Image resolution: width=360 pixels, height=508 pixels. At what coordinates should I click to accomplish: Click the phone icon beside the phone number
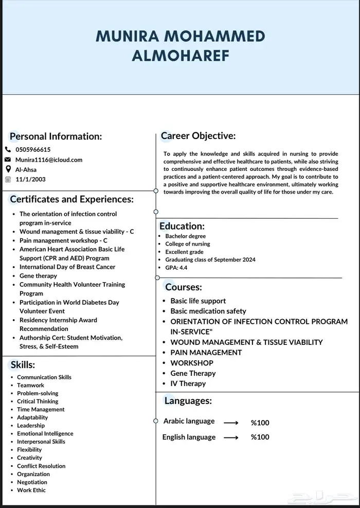point(8,150)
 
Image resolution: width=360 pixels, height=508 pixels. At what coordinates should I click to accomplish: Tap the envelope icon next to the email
point(8,160)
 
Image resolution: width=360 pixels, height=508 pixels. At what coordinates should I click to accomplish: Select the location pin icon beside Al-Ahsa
point(8,169)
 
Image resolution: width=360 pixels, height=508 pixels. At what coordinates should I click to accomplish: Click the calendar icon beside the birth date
point(8,179)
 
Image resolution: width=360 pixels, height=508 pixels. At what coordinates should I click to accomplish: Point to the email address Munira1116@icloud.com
point(49,160)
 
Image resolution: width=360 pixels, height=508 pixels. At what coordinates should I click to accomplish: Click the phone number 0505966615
point(33,150)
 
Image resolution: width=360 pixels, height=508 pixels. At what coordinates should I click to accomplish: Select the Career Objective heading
point(198,136)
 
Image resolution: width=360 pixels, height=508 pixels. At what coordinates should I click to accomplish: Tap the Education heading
point(182,226)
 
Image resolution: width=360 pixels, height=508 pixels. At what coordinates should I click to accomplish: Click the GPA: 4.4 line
point(176,268)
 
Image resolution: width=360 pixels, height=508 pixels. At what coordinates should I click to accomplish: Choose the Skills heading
point(23,365)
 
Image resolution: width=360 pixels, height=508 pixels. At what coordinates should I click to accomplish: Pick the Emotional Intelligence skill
point(45,433)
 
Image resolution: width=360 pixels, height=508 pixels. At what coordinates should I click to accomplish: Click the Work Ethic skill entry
point(31,490)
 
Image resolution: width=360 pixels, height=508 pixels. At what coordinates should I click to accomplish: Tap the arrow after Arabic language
point(231,423)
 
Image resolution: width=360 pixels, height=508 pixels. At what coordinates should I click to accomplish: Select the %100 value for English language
point(260,437)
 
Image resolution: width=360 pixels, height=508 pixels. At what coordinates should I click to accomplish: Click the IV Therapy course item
point(188,383)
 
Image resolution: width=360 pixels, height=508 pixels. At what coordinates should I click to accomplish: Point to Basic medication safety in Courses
point(208,311)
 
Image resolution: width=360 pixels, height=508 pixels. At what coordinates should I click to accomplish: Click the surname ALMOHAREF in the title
point(180,56)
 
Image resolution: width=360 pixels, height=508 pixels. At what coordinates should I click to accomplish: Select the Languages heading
point(188,400)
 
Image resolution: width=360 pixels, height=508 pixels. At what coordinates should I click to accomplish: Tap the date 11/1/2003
point(31,179)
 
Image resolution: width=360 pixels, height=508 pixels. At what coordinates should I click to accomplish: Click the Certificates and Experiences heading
point(71,199)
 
